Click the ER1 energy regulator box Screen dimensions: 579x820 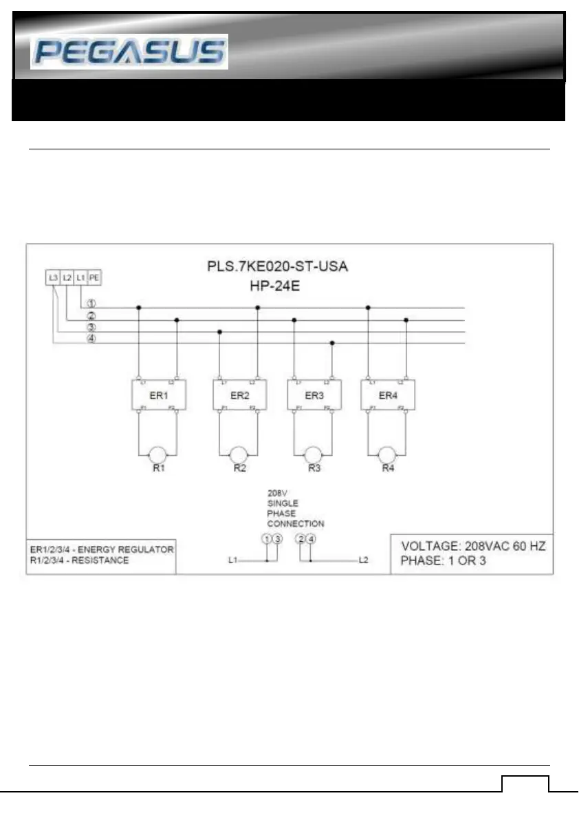[157, 395]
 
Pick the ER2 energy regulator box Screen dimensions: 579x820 [239, 395]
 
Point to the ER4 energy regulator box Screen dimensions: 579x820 [387, 395]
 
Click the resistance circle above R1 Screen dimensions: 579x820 [157, 454]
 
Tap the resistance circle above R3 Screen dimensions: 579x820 [313, 454]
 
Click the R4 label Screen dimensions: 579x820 [388, 469]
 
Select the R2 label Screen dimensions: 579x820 [239, 469]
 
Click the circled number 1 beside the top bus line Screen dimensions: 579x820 [91, 303]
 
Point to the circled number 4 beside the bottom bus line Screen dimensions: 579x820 [91, 337]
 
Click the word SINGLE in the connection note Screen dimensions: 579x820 [283, 503]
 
